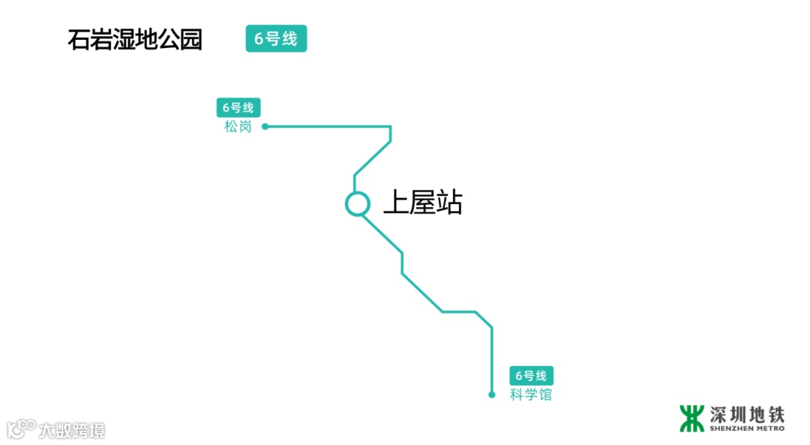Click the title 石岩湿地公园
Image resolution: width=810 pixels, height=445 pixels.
click(x=135, y=39)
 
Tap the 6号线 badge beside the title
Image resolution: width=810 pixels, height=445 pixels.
click(x=276, y=39)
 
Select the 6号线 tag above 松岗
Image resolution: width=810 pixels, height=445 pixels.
click(x=238, y=107)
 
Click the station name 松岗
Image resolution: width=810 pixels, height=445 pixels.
click(x=238, y=127)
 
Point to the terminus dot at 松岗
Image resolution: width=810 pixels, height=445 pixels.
click(x=265, y=127)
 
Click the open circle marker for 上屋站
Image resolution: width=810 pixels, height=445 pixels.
click(x=358, y=203)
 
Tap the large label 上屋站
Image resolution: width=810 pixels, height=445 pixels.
click(x=422, y=203)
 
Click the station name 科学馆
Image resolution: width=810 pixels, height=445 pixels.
click(x=531, y=395)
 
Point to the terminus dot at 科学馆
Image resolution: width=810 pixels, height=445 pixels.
click(x=492, y=395)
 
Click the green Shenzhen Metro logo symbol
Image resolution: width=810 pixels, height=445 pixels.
click(x=691, y=418)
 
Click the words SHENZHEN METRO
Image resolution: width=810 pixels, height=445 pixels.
click(x=747, y=428)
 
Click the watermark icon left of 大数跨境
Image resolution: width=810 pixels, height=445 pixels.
click(x=22, y=428)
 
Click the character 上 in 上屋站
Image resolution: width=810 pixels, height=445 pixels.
click(x=396, y=203)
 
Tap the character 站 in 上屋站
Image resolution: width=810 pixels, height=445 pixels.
click(x=449, y=203)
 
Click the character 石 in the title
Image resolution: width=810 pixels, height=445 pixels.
click(x=79, y=39)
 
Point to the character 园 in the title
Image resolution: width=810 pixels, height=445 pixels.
click(x=191, y=39)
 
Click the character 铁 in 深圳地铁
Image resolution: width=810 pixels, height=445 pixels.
click(x=775, y=414)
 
